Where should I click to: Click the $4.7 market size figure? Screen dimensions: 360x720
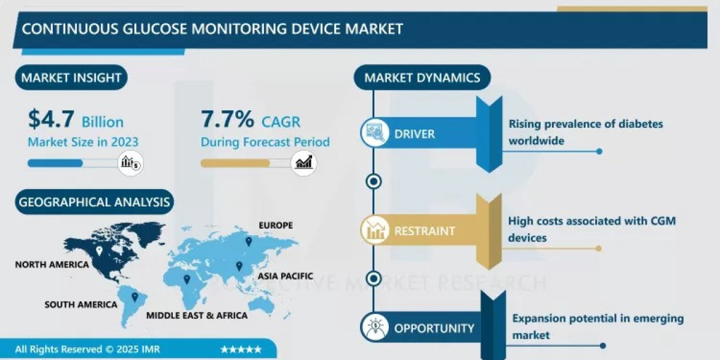coord(51,120)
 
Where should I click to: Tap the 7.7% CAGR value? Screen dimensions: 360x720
coord(227,120)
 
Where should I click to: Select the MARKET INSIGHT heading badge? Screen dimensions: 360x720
coord(71,77)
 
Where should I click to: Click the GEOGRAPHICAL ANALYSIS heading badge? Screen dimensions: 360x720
coord(94,202)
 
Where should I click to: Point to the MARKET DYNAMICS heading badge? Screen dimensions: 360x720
coord(422,77)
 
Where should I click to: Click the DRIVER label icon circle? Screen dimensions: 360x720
coord(374,134)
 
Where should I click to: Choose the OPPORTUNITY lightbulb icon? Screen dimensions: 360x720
coord(374,328)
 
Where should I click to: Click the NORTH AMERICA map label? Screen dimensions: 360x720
coord(52,265)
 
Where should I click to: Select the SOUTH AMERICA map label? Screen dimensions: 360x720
coord(81,305)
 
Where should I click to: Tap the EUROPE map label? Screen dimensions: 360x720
coord(275,226)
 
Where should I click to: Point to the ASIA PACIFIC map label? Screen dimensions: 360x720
coord(286,276)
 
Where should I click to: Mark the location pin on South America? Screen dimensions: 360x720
coord(135,297)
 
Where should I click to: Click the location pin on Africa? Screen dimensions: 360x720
coord(187,280)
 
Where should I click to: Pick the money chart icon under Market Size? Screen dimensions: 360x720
coord(130,163)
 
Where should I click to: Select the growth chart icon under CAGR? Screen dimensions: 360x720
coord(304,163)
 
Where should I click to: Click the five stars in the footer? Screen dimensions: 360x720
coord(241,349)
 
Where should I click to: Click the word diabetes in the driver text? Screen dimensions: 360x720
coord(638,124)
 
